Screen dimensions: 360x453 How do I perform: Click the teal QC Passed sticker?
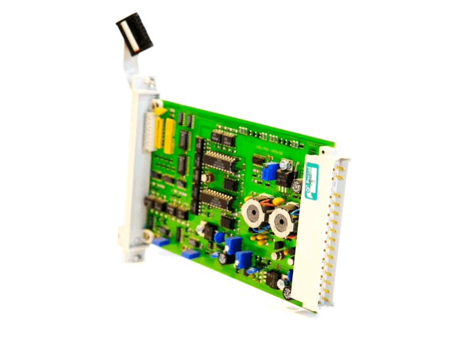311,181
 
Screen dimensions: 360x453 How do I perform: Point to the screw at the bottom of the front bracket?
147,234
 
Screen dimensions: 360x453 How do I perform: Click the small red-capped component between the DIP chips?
206,177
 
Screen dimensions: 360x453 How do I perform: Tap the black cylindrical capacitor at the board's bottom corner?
288,292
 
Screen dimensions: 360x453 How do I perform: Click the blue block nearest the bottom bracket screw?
161,242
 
